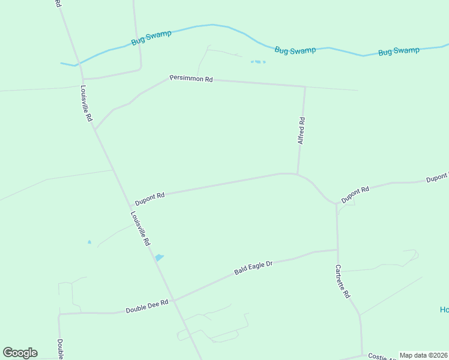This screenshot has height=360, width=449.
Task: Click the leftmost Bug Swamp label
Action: coord(151,38)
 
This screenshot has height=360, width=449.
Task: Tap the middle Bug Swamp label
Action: coord(295,50)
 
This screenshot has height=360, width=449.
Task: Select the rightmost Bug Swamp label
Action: coord(399,51)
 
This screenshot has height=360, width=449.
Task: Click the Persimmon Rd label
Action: coord(191,79)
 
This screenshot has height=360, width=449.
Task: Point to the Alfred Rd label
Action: coord(301,130)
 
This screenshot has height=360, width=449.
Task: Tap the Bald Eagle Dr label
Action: coord(253,268)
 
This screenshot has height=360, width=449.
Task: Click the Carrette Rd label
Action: coord(343,283)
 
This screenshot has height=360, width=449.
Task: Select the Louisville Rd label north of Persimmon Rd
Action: coord(87,103)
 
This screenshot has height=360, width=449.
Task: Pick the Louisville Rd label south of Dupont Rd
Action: coord(140,230)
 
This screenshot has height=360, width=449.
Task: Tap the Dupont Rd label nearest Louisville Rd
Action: coord(149,199)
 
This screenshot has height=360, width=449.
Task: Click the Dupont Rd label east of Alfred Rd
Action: coord(355,194)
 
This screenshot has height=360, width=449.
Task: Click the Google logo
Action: coord(20,353)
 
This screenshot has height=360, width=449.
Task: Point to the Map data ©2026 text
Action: coord(423,355)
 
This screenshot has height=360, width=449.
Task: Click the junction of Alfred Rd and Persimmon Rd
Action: coord(304,86)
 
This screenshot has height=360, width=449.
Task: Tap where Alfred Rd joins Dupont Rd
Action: coord(298,175)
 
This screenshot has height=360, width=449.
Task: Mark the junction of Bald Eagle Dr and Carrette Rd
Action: coord(337,250)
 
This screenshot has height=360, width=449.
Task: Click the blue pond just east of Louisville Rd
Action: coord(159,257)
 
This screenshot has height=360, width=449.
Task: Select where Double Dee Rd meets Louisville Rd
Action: coord(173,300)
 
